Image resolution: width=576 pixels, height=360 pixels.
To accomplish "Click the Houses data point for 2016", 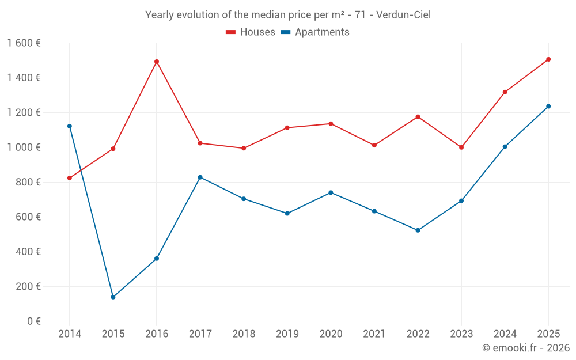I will point(157,62).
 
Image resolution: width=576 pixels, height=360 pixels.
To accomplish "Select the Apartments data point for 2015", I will point(113,297).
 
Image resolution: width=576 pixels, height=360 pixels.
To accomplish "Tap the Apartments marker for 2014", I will point(70,126).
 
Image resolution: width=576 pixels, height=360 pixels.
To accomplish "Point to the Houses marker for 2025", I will point(548,59).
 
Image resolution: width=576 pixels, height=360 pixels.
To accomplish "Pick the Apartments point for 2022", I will point(418,230).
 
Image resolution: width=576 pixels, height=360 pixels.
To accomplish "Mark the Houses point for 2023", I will point(461,147).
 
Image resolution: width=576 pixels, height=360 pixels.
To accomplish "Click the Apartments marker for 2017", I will point(200,177).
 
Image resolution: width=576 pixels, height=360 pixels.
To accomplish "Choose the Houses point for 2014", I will point(70,178).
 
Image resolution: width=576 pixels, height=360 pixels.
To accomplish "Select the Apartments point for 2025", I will point(548,107).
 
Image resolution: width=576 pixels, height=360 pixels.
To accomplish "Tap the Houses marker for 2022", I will point(418,117).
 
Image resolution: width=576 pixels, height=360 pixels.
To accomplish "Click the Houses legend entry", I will point(251,32).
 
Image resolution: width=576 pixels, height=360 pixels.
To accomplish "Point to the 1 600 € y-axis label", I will point(24,43).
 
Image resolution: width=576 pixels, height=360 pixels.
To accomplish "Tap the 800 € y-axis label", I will point(27,182).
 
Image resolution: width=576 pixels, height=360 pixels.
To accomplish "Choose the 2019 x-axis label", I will point(287,334).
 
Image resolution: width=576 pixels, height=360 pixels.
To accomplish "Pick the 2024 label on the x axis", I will point(505,334).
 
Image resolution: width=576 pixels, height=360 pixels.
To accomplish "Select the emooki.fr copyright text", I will point(526,348).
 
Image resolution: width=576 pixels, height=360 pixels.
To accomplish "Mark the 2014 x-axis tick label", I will point(70,334).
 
